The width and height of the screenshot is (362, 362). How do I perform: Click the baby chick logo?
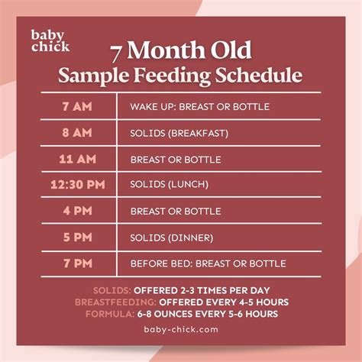coord(50,40)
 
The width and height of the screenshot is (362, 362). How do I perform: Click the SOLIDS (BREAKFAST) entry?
coord(179,133)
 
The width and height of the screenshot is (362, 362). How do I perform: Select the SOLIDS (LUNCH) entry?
coord(170,184)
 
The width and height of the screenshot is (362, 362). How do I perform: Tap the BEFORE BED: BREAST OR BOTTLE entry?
coord(208,263)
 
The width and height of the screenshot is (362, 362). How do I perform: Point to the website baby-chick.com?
coord(181,330)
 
